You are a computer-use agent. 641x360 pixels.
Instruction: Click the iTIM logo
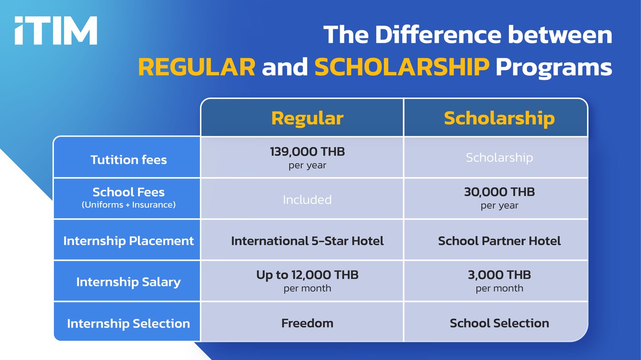[x=56, y=30]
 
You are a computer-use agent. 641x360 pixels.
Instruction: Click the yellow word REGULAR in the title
[x=197, y=67]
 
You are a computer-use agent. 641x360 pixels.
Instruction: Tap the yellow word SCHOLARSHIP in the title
[x=402, y=67]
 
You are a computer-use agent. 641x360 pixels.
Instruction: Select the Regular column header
[x=307, y=118]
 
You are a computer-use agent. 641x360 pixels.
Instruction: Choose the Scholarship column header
[x=500, y=118]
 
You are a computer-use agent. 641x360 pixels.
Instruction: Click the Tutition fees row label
[x=129, y=160]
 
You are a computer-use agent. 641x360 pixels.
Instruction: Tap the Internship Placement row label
[x=129, y=241]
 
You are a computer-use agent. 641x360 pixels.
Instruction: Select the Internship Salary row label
[x=129, y=282]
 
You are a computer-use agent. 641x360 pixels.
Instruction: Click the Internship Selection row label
[x=129, y=323]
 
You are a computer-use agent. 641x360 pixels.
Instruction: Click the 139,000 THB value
[x=307, y=152]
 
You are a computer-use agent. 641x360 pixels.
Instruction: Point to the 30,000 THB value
[x=500, y=192]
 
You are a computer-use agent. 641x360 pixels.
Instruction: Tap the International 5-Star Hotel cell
[x=307, y=241]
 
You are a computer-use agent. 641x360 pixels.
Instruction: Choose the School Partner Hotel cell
[x=500, y=241]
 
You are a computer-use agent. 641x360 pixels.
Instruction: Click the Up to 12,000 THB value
[x=307, y=275]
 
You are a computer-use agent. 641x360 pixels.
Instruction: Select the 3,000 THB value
[x=500, y=275]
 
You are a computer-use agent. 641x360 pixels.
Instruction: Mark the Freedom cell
[x=307, y=323]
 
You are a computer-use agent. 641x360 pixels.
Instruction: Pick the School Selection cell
[x=500, y=323]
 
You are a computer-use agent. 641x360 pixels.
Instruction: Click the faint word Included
[x=307, y=199]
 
